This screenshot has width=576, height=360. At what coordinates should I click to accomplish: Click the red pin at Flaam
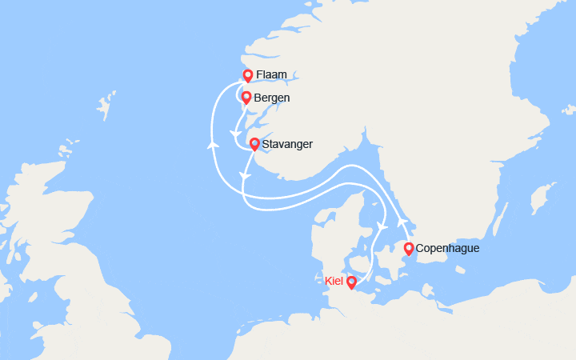[x=248, y=76]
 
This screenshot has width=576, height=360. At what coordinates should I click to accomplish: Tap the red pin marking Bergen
[x=246, y=98]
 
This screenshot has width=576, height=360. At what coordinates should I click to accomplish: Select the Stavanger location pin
[x=254, y=145]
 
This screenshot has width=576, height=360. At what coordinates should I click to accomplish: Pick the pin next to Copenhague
[x=409, y=249]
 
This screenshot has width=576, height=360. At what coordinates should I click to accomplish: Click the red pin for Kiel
[x=351, y=282]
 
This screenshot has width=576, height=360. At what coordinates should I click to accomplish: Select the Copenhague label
[x=448, y=249]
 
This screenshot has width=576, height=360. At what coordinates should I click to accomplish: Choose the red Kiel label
[x=334, y=281]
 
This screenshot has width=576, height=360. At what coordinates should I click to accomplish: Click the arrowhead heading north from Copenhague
[x=402, y=221]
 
